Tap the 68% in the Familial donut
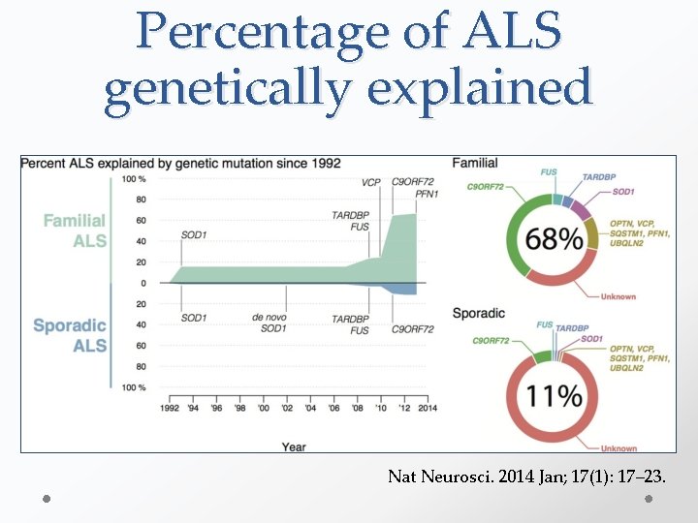(x=556, y=238)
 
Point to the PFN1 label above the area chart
(x=428, y=195)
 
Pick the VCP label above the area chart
(x=370, y=182)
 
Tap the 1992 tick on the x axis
(x=170, y=409)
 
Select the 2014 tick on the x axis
(x=428, y=409)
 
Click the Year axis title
(x=295, y=446)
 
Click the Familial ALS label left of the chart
(x=76, y=231)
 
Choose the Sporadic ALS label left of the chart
(x=70, y=335)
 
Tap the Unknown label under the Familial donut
(x=618, y=296)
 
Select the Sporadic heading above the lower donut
(x=478, y=314)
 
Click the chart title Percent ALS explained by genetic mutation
(x=180, y=163)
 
